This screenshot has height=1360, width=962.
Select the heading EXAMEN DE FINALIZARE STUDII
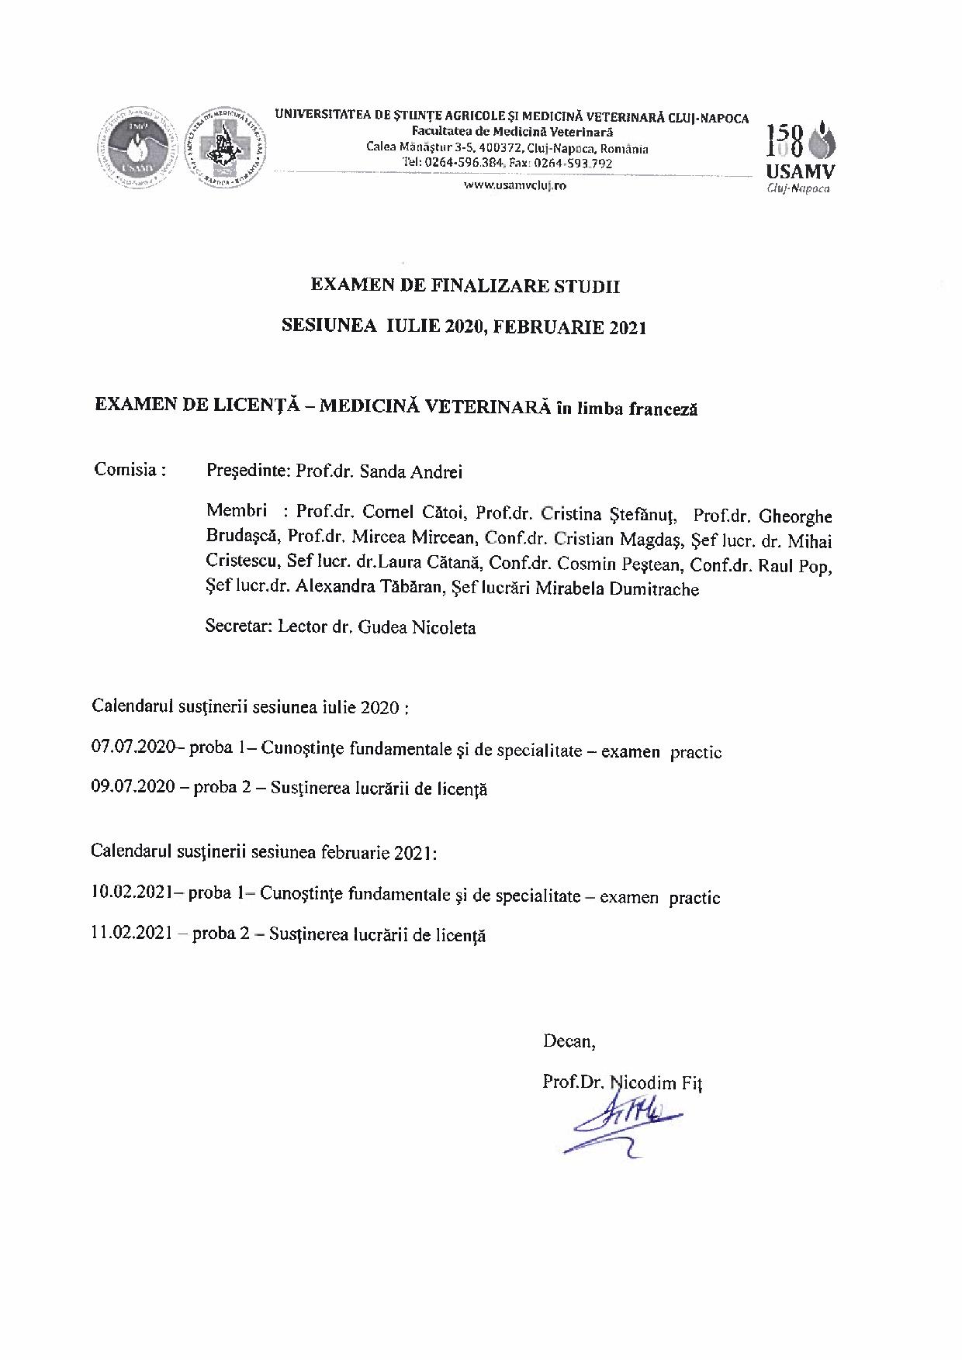tap(465, 285)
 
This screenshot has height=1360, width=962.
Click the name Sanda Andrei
tap(424, 471)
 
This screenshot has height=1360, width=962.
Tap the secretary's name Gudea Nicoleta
tap(417, 627)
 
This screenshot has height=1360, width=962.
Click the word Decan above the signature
tap(569, 1041)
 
